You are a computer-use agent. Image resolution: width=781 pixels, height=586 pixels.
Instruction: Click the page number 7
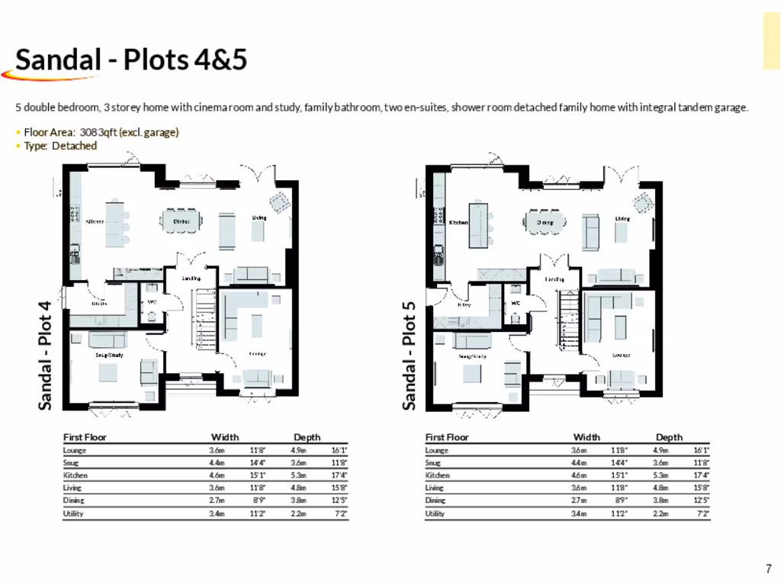(x=769, y=568)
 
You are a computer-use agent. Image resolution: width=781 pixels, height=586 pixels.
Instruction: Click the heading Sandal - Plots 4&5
(x=131, y=60)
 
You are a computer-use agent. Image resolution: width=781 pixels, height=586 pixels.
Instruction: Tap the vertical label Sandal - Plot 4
(x=46, y=355)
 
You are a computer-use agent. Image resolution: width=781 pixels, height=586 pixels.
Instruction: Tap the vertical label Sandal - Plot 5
(x=410, y=355)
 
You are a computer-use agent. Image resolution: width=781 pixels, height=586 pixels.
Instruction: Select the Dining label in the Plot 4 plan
(x=182, y=221)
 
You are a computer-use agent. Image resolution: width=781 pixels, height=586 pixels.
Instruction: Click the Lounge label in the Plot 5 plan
(x=621, y=355)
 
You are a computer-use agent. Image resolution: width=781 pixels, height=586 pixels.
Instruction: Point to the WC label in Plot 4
(x=151, y=302)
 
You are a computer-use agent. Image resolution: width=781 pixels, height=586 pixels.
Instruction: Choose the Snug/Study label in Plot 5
(x=472, y=356)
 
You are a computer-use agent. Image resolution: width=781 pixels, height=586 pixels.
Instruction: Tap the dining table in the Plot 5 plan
(x=545, y=222)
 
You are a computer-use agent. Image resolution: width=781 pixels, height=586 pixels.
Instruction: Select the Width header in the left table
(x=224, y=437)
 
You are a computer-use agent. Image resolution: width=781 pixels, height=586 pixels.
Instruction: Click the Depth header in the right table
(x=669, y=437)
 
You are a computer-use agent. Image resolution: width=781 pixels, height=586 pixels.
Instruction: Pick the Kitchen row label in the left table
(x=75, y=475)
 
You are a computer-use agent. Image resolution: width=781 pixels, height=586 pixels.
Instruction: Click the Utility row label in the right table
(x=436, y=514)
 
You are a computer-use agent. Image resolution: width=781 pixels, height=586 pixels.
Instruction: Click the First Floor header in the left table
(x=85, y=437)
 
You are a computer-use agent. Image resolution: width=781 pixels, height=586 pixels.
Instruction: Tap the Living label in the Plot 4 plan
(x=259, y=218)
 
